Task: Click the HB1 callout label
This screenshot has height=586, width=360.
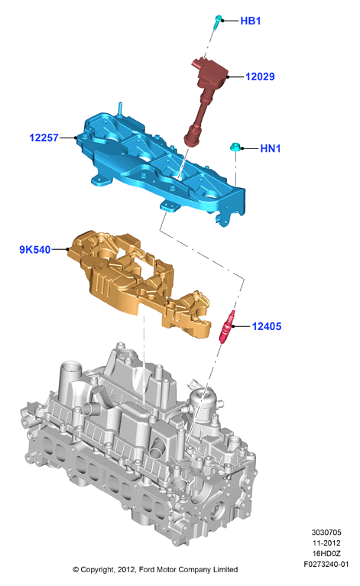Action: tap(250, 21)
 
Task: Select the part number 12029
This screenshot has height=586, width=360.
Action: tap(260, 76)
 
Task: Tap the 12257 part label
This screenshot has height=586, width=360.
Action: tap(44, 138)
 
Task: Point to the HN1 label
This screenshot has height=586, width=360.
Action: tap(271, 149)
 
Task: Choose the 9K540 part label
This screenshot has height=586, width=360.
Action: tap(34, 250)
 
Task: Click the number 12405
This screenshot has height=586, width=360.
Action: tap(267, 327)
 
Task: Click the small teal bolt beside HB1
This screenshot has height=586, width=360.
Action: tap(218, 22)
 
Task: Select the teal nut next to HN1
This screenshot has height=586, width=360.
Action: tap(235, 147)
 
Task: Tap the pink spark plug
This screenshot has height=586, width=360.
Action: tap(227, 326)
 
